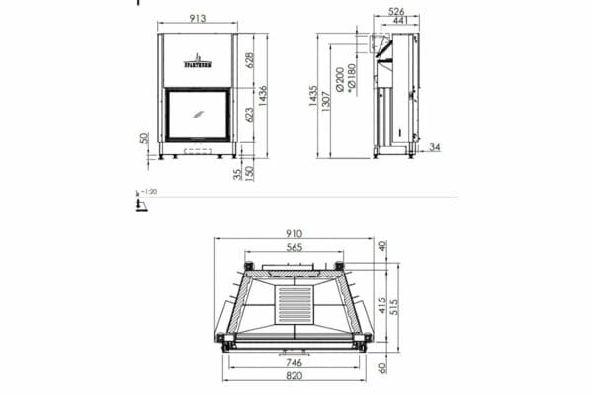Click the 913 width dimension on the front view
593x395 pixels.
tap(197, 17)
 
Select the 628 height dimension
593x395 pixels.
tap(250, 60)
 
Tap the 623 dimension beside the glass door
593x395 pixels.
tap(250, 115)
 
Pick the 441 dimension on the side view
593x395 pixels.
tap(400, 22)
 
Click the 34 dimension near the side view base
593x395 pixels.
tap(434, 148)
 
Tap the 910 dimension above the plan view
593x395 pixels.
tap(294, 235)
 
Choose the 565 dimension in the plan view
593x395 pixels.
tap(295, 247)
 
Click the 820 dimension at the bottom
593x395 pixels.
tap(294, 378)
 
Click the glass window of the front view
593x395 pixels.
tap(197, 114)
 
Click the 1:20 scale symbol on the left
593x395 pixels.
tap(142, 202)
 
